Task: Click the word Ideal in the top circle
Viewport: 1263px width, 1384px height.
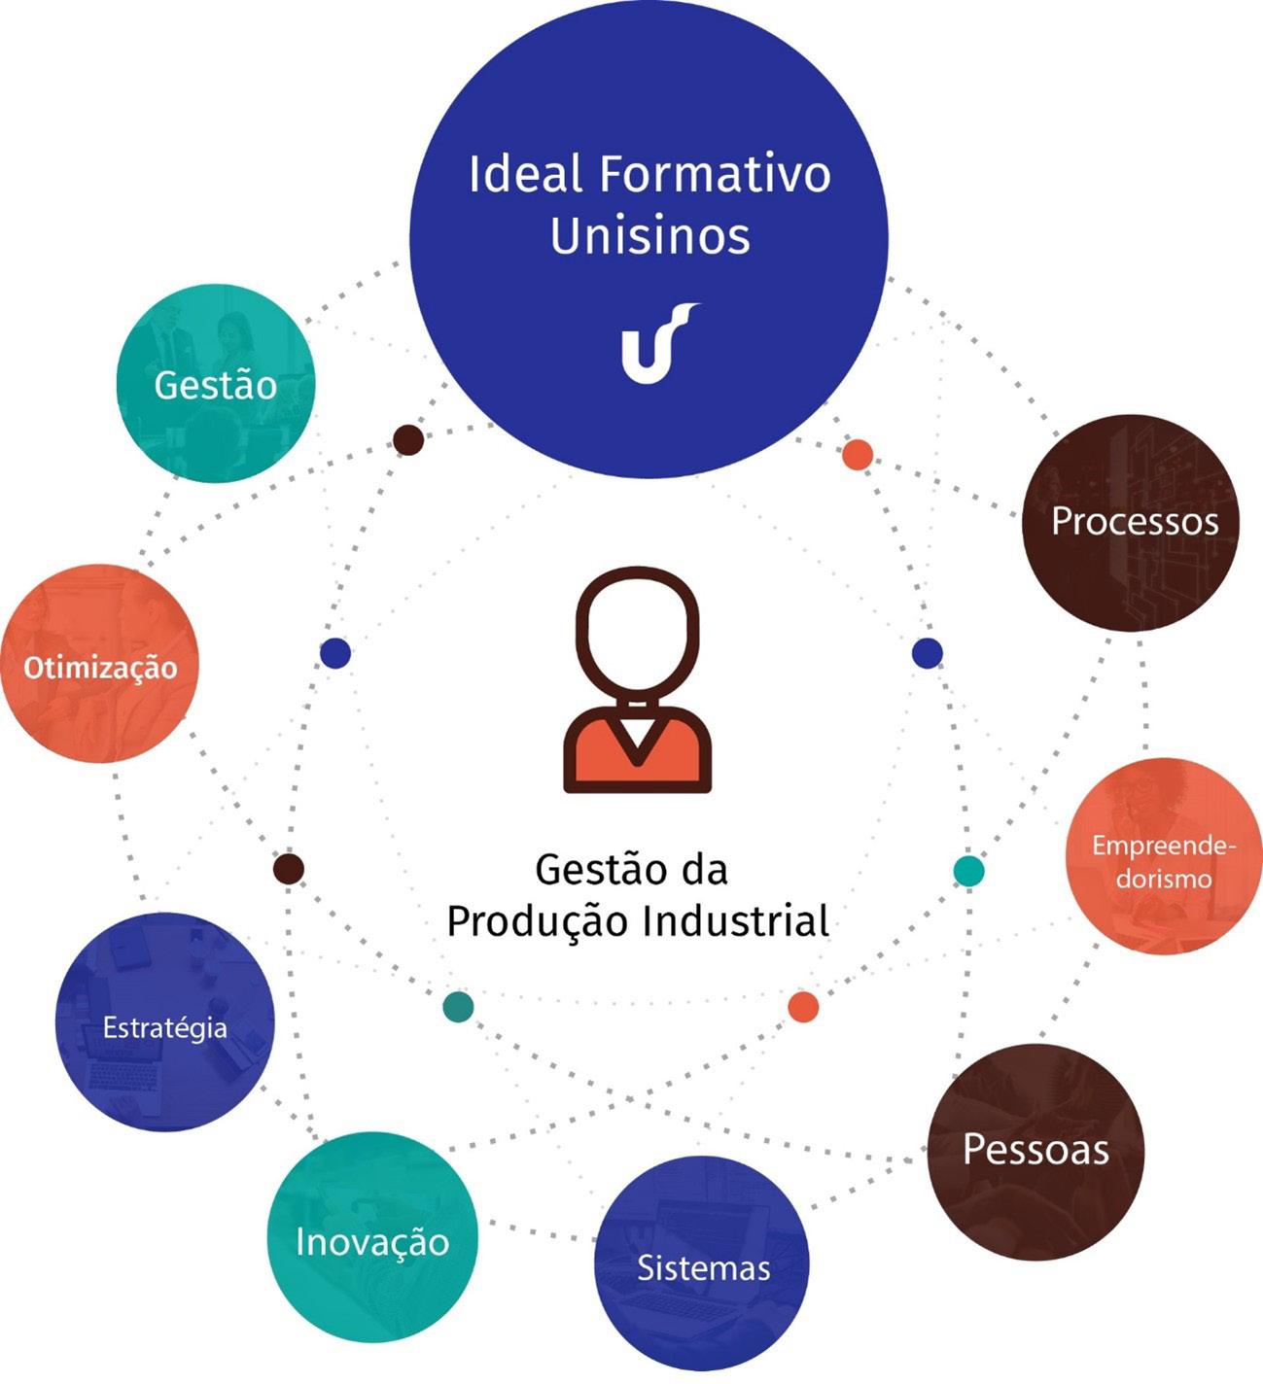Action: point(525,175)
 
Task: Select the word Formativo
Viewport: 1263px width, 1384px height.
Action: point(715,175)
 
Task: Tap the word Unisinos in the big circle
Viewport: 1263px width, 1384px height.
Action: point(649,236)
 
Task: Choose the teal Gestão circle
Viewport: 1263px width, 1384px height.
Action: point(215,384)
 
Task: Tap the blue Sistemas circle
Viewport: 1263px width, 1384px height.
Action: point(702,1263)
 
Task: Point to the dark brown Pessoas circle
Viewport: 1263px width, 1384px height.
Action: point(1035,1152)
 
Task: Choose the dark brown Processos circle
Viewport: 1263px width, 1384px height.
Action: point(1133,523)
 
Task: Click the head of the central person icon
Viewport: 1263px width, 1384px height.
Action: point(637,632)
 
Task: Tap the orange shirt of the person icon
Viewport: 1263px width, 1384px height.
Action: point(637,753)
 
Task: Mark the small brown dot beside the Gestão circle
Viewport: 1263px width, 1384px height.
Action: point(408,440)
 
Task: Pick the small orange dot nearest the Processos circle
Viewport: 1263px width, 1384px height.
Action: point(857,454)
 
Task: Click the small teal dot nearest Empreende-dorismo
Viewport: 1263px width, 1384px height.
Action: point(968,871)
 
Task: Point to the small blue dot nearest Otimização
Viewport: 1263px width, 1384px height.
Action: point(334,653)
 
